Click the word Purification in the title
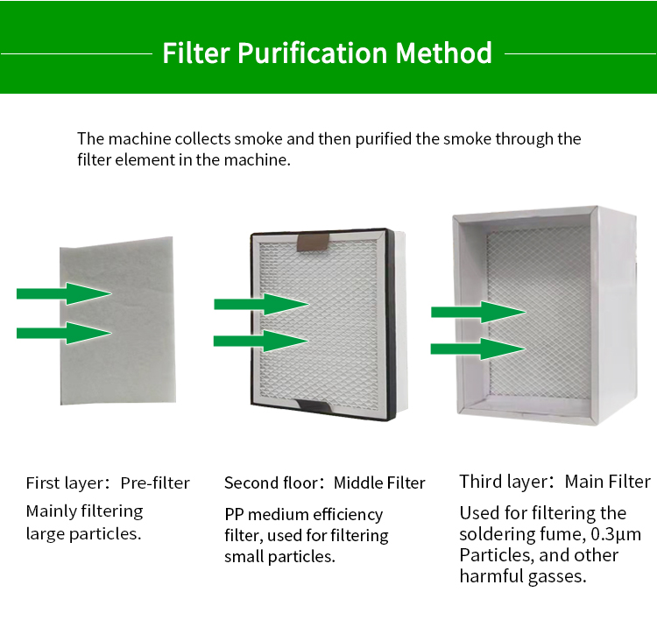pos(312,53)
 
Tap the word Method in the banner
pos(443,53)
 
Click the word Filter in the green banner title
pos(196,53)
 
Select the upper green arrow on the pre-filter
pos(64,293)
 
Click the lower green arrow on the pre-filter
pos(64,333)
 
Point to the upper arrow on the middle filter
pos(261,304)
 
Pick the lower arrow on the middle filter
pos(261,341)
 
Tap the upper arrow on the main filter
pos(478,312)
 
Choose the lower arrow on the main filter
pos(478,349)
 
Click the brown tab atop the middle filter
pos(313,243)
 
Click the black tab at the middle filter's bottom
pos(314,405)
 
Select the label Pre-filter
pos(155,483)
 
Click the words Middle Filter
pos(379,483)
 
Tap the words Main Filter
pos(608,482)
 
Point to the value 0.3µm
pos(616,534)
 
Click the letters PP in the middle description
pos(234,514)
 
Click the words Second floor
pos(271,483)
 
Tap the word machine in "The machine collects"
pos(140,139)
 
